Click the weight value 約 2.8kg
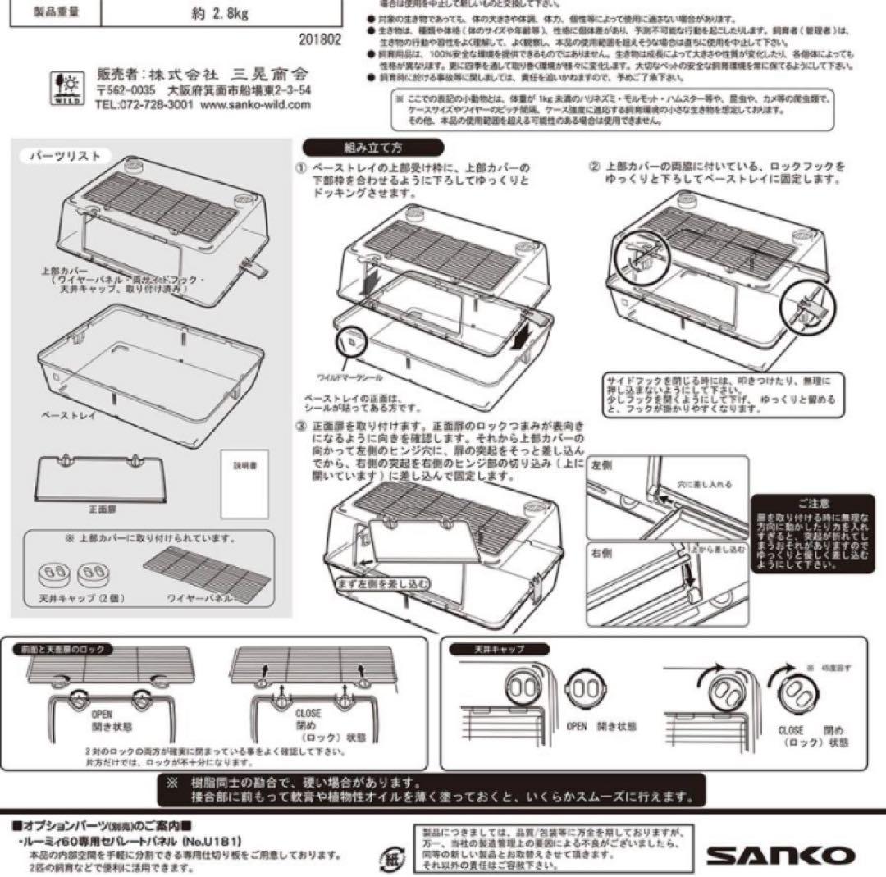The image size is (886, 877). coord(210,13)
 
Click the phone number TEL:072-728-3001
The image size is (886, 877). coord(144,105)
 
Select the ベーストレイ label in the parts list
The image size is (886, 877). coord(69,415)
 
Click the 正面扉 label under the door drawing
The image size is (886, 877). coord(99,509)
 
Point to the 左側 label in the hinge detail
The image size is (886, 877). coord(604,464)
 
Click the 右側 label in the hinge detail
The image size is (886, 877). coord(604,554)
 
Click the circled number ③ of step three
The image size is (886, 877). coord(301,427)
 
